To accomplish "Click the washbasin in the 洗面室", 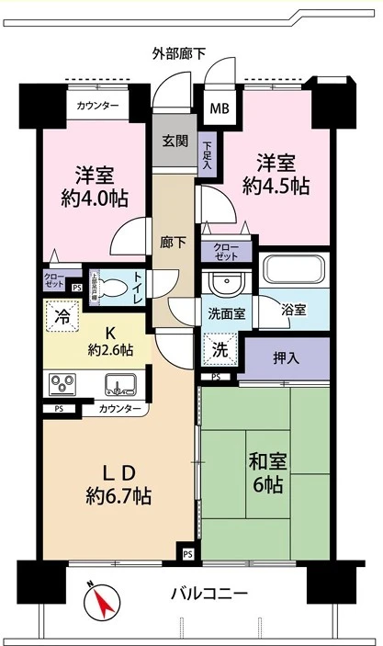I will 220,281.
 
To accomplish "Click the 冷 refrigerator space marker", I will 62,316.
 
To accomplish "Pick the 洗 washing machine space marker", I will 220,349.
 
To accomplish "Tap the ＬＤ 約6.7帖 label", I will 118,484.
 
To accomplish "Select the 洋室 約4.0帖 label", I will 95,186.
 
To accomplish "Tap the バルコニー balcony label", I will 208,594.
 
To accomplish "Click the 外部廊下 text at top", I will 179,54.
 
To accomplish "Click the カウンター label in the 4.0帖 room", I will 98,107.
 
